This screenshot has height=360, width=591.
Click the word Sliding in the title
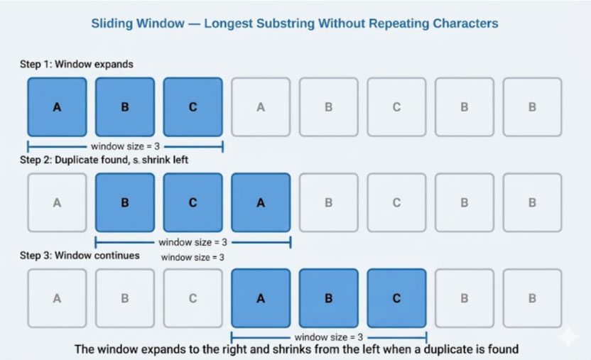[112, 23]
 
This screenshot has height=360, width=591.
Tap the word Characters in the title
[465, 23]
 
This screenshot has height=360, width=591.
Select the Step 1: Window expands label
[77, 64]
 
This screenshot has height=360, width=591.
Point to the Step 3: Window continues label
[80, 256]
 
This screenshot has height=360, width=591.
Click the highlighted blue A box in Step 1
[57, 107]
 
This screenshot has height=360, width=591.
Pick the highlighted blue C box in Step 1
[193, 107]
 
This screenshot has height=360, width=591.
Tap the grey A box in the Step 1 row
[261, 107]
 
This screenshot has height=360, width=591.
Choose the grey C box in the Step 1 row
[396, 107]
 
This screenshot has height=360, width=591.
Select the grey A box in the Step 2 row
[57, 202]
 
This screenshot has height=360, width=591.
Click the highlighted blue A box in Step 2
[261, 202]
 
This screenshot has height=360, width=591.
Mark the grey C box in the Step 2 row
[396, 202]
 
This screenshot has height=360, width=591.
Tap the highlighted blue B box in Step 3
[329, 298]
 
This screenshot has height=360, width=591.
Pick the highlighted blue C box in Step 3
[396, 298]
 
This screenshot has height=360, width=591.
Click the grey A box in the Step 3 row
[57, 298]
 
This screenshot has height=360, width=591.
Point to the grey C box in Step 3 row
[193, 298]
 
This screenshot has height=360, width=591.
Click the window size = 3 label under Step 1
[125, 146]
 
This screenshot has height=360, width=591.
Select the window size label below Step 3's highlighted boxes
[329, 337]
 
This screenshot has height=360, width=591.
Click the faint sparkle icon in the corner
[568, 336]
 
